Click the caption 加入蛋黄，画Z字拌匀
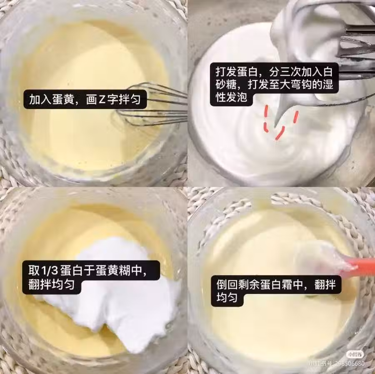click(85, 100)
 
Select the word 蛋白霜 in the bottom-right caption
click(276, 284)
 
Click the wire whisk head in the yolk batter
click(151, 105)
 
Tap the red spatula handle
click(361, 265)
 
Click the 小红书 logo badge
click(355, 354)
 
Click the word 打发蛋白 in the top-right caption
click(237, 72)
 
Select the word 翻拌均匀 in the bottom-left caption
click(51, 284)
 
